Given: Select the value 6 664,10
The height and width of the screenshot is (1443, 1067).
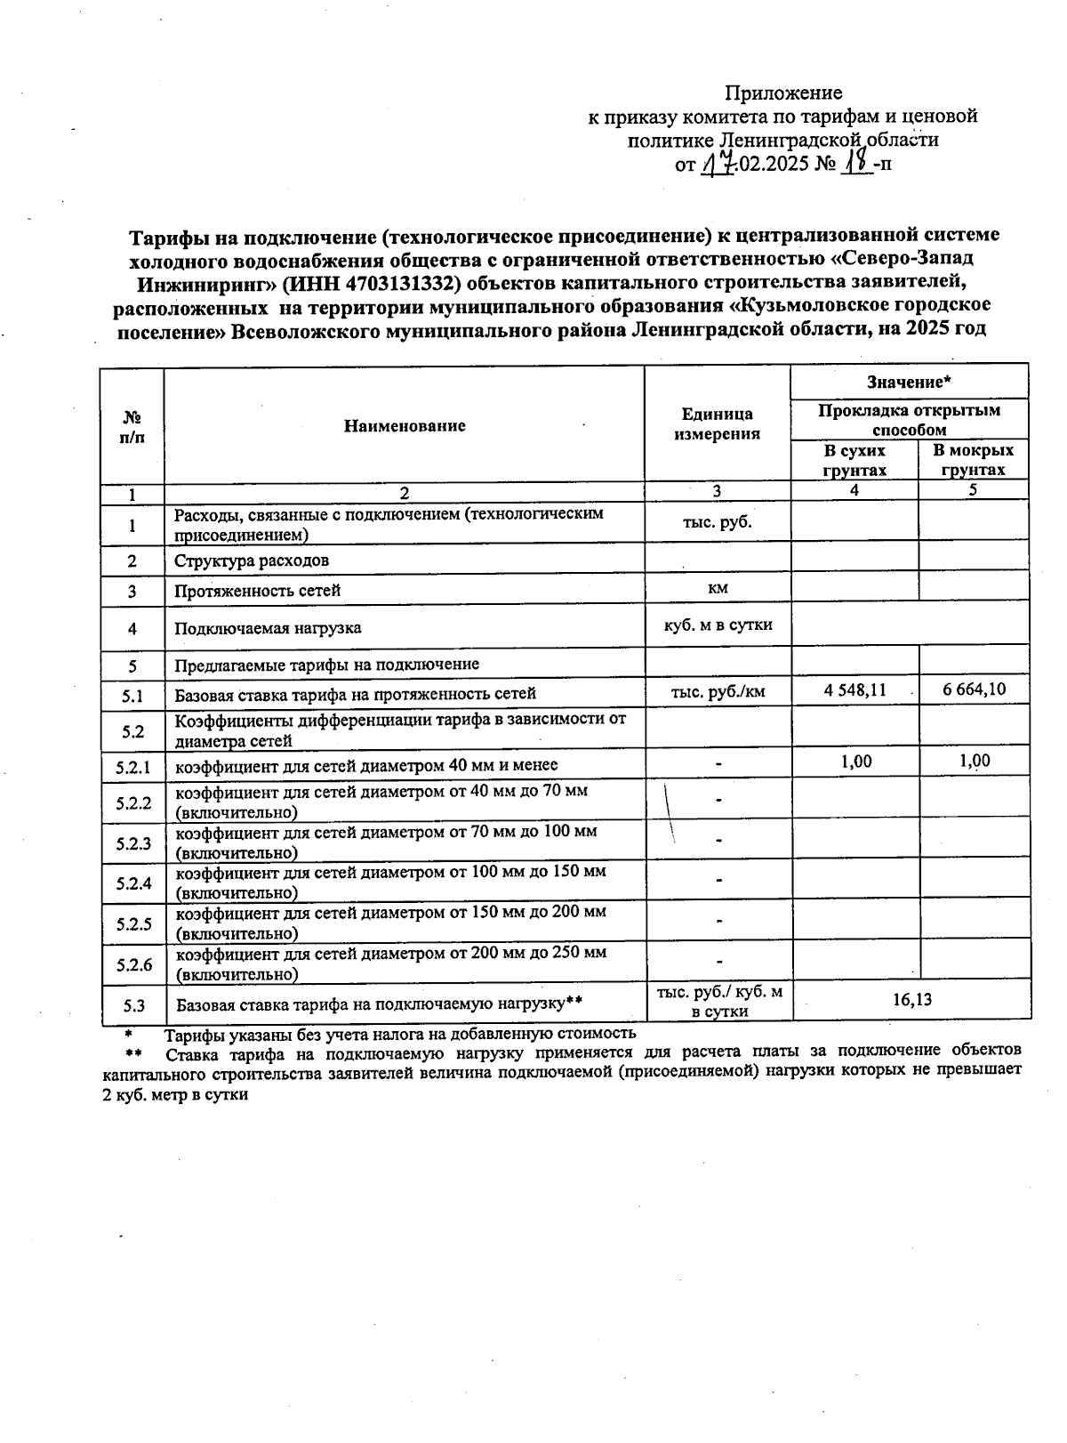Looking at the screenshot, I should pos(975,689).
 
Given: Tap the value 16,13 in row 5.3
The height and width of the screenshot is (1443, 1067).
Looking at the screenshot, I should pos(911,999).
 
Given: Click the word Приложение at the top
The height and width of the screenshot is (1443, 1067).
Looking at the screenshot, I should pos(783,93).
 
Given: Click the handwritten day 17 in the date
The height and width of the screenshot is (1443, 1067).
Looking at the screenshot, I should pos(718,164).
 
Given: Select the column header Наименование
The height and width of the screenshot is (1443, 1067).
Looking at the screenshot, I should pos(405,426).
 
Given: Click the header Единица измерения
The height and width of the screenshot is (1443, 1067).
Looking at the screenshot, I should pos(717,424).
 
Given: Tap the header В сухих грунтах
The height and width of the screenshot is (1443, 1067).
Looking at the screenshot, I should pos(854,460).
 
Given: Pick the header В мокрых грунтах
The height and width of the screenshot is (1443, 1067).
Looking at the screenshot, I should pos(974,460).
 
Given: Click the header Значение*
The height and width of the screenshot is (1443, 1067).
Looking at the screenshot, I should pos(909,382).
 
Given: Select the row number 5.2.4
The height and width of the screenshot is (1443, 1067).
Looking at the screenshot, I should pos(133,883).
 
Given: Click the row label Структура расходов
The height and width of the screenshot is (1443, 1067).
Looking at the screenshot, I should pos(252,561).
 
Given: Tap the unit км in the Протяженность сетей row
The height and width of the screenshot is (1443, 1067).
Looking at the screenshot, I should pos(717,587).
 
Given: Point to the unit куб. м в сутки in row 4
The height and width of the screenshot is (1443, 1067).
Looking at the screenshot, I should pos(718,625).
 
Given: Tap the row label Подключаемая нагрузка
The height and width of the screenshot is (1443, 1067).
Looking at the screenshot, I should pos(268,628).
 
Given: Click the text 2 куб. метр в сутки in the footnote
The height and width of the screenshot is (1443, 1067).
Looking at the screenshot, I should pos(175,1095).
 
